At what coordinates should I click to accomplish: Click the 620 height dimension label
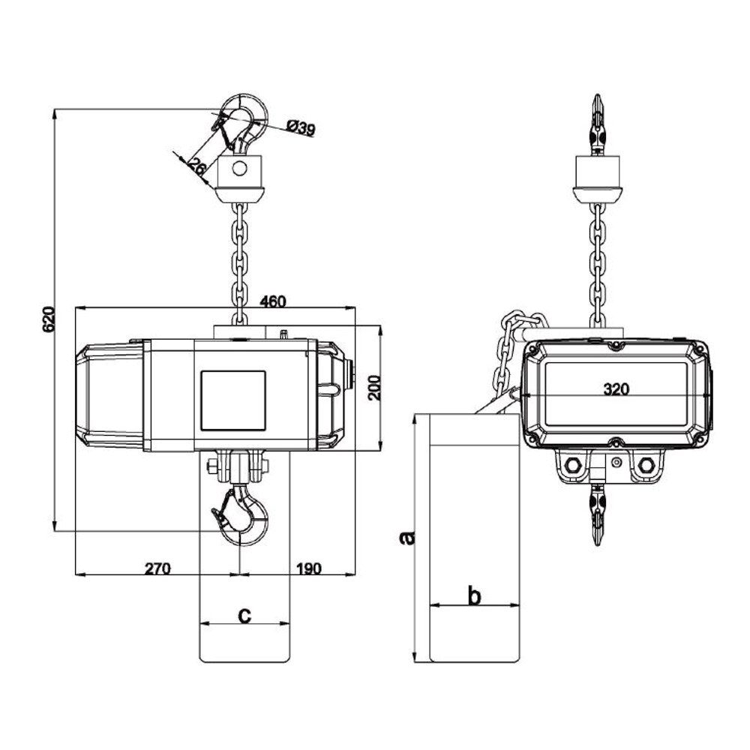pos(49,319)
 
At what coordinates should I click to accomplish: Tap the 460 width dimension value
pos(273,301)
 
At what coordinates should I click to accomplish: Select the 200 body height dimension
pos(376,388)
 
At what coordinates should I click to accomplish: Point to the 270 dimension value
pos(157,568)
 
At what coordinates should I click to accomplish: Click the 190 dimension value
pos(309,568)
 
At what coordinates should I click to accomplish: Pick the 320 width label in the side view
pos(616,389)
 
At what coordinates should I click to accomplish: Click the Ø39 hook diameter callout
pos(301,127)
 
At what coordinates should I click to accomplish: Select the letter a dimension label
pos(407,538)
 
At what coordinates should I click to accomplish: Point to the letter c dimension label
pos(244,616)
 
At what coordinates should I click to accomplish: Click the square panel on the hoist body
pos(233,400)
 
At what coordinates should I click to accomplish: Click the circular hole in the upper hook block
pos(240,168)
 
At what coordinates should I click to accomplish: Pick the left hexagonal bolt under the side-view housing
pos(572,464)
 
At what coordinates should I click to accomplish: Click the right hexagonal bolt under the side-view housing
pos(646,464)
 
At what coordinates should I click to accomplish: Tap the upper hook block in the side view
pos(598,178)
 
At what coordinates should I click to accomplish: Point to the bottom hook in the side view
pos(598,515)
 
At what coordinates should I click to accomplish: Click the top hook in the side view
pos(598,124)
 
